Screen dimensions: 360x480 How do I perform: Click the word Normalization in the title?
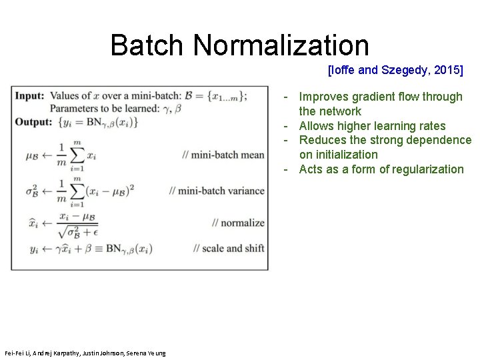click(281, 45)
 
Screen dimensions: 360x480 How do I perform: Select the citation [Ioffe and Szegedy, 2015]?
click(395, 69)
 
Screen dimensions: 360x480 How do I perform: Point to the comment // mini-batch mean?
click(223, 155)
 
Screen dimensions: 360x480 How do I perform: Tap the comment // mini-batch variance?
click(217, 191)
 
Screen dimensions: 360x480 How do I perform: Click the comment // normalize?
click(238, 223)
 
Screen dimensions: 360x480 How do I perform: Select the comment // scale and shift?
click(228, 248)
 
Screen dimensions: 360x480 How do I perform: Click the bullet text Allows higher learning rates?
click(372, 126)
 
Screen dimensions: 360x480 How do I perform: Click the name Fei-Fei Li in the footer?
click(16, 353)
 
